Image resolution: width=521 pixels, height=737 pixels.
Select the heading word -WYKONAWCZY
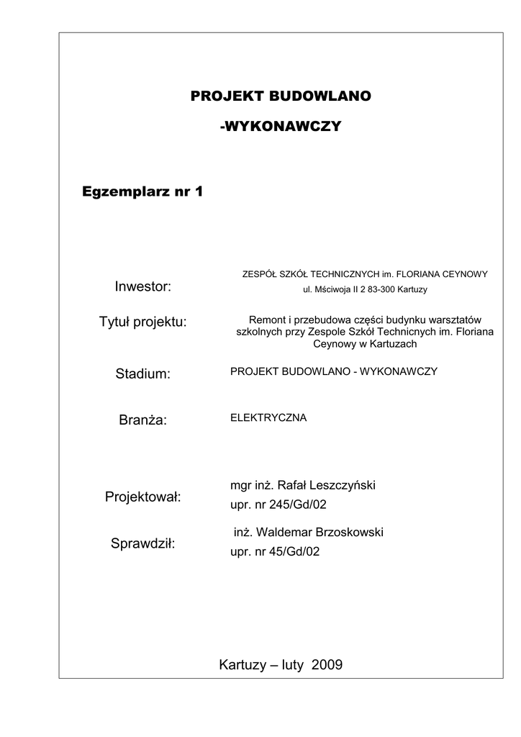coord(280,127)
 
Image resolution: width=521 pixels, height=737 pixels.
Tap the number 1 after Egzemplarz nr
coord(199,191)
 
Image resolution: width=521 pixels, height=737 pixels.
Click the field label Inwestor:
coord(142,287)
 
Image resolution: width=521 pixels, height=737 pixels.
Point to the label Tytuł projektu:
coord(142,322)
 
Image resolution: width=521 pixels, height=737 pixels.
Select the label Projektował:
coord(142,497)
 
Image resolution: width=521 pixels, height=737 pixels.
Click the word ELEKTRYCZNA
coord(268,417)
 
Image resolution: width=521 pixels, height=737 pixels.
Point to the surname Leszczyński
coord(343,486)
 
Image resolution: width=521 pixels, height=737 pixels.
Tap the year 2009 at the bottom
coord(327,664)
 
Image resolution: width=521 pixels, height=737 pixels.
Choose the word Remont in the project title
coord(264,320)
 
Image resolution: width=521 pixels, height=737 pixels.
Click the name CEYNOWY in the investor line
coord(466,273)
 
